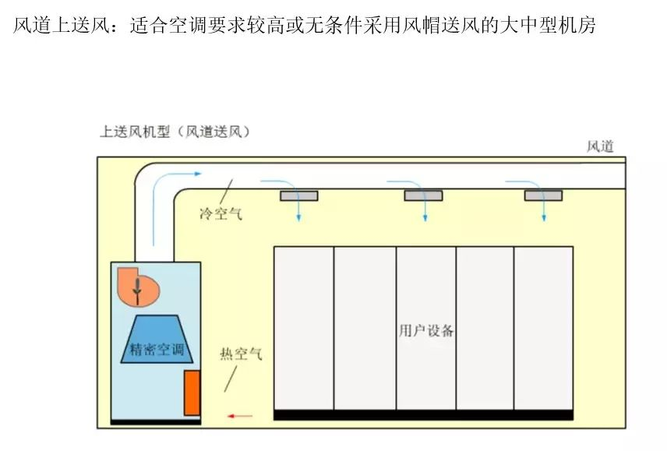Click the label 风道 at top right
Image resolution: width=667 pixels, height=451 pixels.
[600, 146]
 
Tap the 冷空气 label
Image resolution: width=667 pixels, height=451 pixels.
[221, 213]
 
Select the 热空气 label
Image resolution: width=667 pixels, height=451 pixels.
[241, 354]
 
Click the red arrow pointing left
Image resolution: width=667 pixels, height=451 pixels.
[240, 416]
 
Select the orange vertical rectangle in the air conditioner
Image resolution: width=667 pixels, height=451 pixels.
[192, 393]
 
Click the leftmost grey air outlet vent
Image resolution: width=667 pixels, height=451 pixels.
[299, 196]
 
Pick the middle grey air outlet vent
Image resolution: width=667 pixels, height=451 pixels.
[423, 196]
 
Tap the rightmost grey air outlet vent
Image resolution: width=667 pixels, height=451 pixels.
[543, 196]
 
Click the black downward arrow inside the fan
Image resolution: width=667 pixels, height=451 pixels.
[138, 288]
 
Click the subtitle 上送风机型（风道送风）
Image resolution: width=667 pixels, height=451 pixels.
[175, 132]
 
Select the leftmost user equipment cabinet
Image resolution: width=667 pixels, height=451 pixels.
[304, 327]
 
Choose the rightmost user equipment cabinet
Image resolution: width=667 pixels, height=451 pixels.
[544, 327]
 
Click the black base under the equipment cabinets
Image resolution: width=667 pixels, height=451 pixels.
[423, 415]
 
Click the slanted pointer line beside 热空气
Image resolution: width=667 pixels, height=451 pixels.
[231, 379]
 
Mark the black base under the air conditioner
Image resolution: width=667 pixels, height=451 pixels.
[156, 421]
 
